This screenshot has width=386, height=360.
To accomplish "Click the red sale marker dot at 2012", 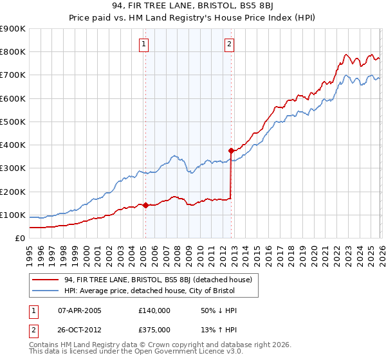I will (x=231, y=150).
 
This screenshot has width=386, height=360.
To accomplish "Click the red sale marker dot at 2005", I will (x=145, y=206).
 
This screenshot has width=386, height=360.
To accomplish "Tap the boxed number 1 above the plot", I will (x=143, y=44).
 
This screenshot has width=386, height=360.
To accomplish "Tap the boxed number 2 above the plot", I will (x=229, y=44).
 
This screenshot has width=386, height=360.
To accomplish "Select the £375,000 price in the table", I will (x=154, y=329).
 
